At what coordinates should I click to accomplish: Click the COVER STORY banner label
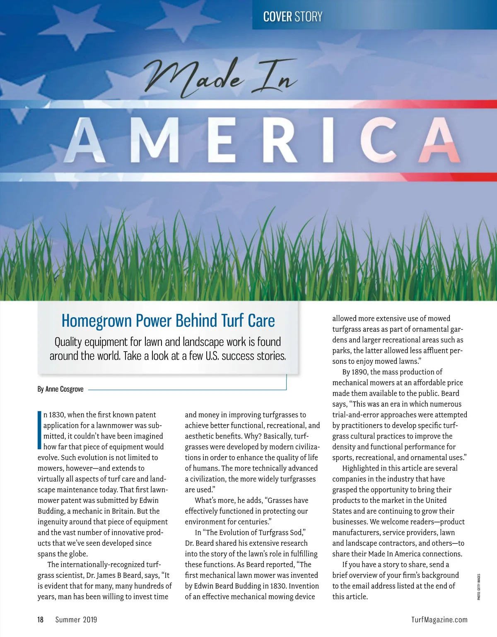point(292,17)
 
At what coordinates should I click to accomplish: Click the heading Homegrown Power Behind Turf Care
point(168,321)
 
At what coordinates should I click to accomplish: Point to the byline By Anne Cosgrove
point(60,389)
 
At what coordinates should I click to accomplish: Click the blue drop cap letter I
point(39,430)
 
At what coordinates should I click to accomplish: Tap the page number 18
point(40,620)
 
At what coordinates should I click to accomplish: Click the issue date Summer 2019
point(76,620)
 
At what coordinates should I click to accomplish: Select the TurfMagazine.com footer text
point(439,620)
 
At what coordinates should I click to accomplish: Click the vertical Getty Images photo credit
point(478,587)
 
